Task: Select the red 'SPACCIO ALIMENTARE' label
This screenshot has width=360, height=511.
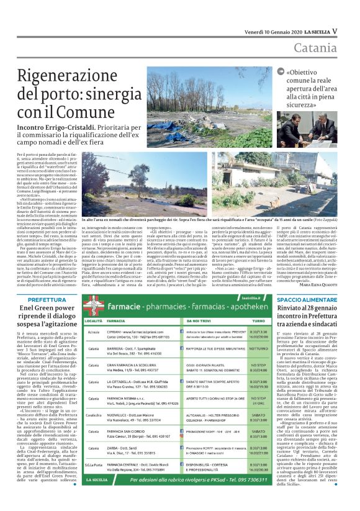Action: click(308, 299)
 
